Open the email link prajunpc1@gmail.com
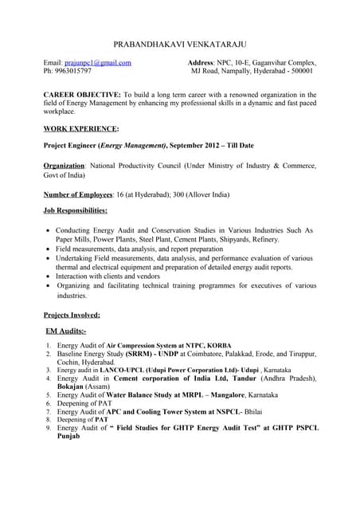[98, 62]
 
